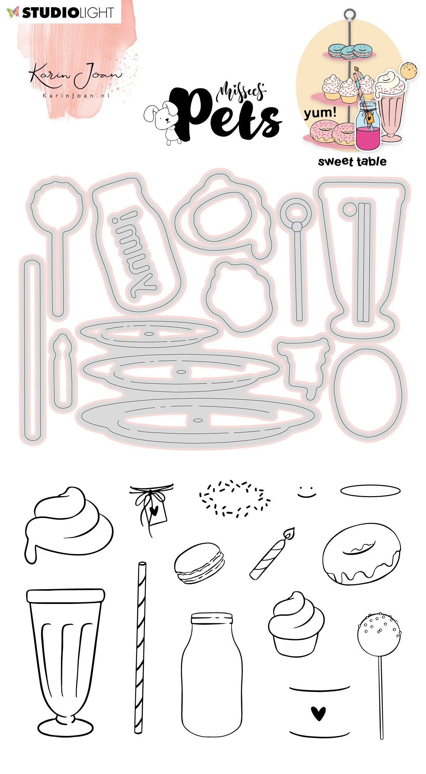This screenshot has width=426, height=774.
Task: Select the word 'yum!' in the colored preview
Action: pyautogui.click(x=320, y=113)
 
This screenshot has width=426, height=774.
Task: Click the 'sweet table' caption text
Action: pyautogui.click(x=352, y=162)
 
